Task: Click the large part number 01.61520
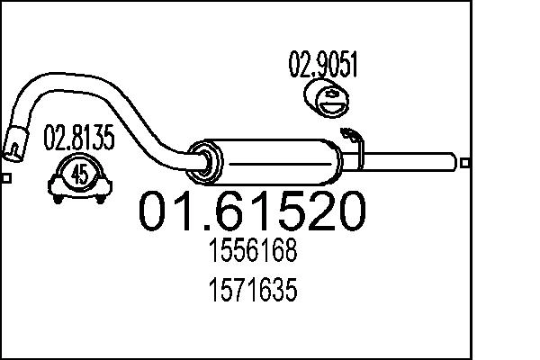(x=253, y=212)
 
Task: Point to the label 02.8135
(x=79, y=139)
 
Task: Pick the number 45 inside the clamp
(x=79, y=175)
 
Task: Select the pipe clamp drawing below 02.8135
(x=79, y=176)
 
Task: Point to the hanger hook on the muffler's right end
(x=352, y=142)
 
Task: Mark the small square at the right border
(x=465, y=162)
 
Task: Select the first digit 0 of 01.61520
(x=155, y=212)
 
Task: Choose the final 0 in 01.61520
(x=349, y=212)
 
